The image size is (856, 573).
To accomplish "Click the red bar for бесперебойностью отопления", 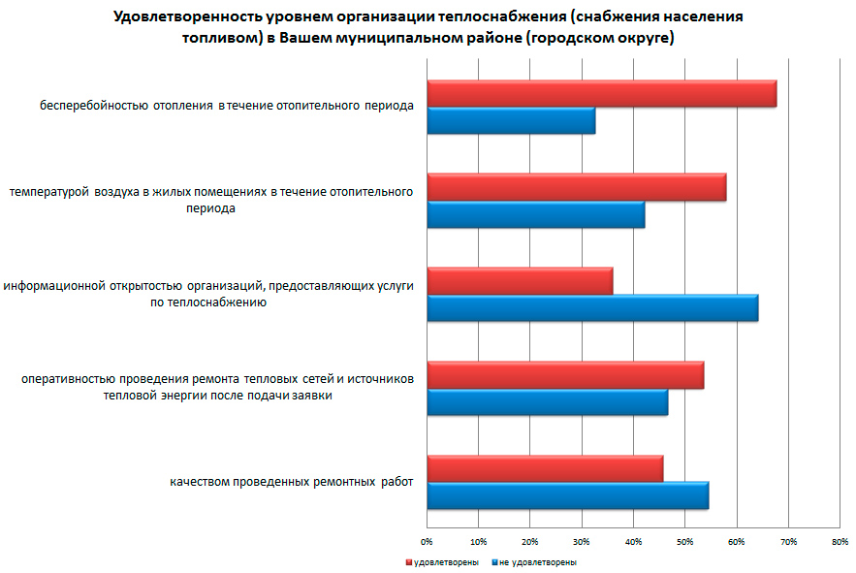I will click(601, 93).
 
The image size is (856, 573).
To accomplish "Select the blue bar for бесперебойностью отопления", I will click(511, 121).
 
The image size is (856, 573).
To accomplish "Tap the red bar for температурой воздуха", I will click(576, 187).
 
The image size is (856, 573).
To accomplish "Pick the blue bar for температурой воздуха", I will click(535, 214).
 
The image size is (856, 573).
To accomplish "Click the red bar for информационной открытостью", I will click(520, 280).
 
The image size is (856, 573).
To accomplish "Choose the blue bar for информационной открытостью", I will click(592, 307).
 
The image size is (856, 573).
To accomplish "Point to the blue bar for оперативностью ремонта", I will click(547, 401).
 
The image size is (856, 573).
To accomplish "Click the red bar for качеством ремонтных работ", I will click(545, 467).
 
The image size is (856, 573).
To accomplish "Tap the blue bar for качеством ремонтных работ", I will click(567, 494).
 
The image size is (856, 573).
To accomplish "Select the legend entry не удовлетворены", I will click(535, 562).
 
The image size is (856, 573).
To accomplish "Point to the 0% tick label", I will click(427, 541).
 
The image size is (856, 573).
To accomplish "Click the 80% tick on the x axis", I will click(840, 541).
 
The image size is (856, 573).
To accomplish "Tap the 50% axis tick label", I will click(684, 541).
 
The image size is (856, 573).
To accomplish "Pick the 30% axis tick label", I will click(582, 541).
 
